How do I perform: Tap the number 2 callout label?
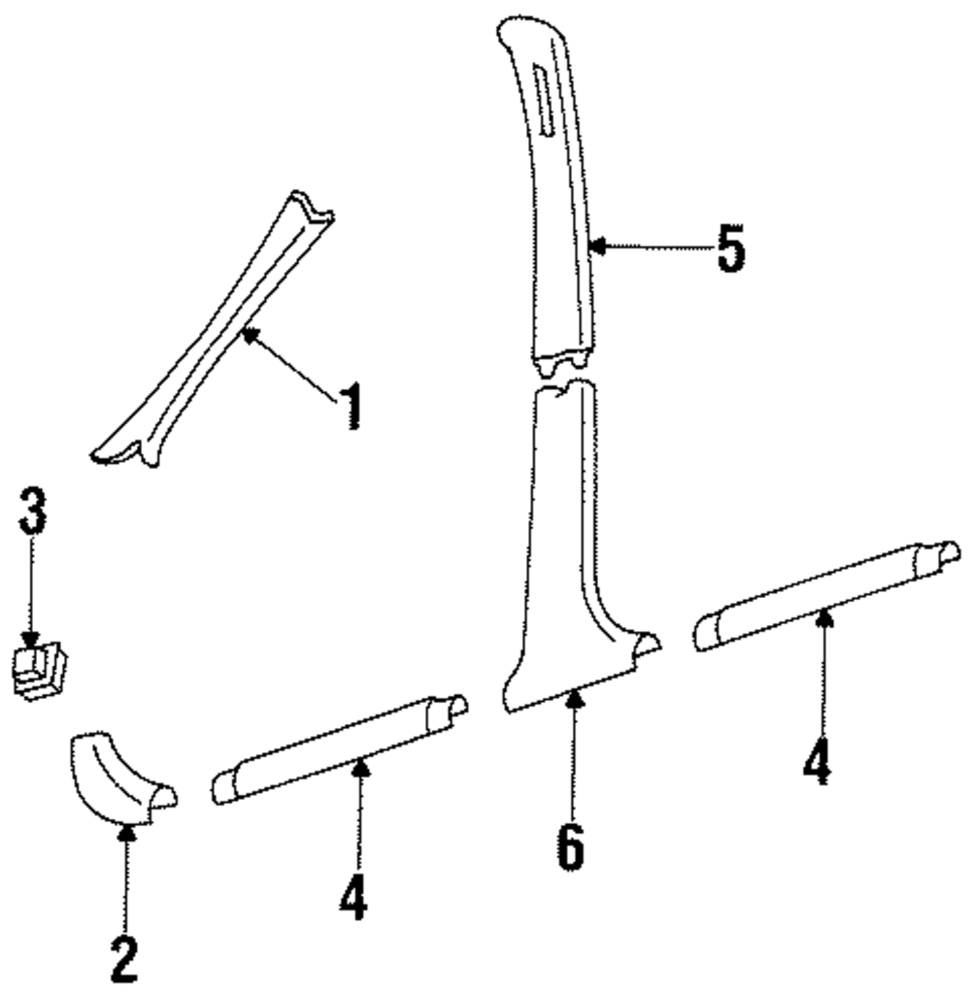click(x=124, y=959)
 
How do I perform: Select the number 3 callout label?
click(x=33, y=512)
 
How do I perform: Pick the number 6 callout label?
click(x=571, y=847)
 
